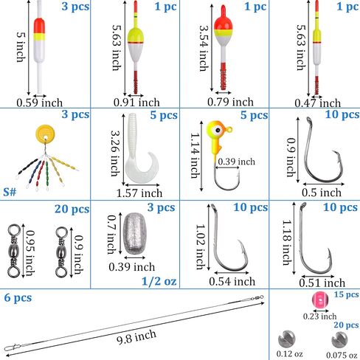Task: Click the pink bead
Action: coord(320,300)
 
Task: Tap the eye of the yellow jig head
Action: coord(218,130)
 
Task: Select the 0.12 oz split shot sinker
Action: coord(286,339)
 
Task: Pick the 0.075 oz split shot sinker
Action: coord(340,340)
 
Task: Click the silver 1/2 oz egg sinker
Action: coord(135,234)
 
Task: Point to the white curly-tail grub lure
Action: coord(139,149)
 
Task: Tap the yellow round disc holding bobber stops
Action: coord(45,134)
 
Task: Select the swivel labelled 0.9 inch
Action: coord(61,252)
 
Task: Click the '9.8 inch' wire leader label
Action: coord(136,336)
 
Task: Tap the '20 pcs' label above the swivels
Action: coord(72,210)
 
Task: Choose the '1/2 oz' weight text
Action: coord(159,281)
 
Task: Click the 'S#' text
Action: coord(10,192)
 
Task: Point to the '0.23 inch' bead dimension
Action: coord(319,316)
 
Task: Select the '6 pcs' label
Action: coord(18,298)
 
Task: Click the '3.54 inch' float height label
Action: coord(204,48)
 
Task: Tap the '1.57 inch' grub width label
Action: coord(139,193)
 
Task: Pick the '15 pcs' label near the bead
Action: coord(346,294)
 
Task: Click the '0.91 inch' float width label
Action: coord(136,103)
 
